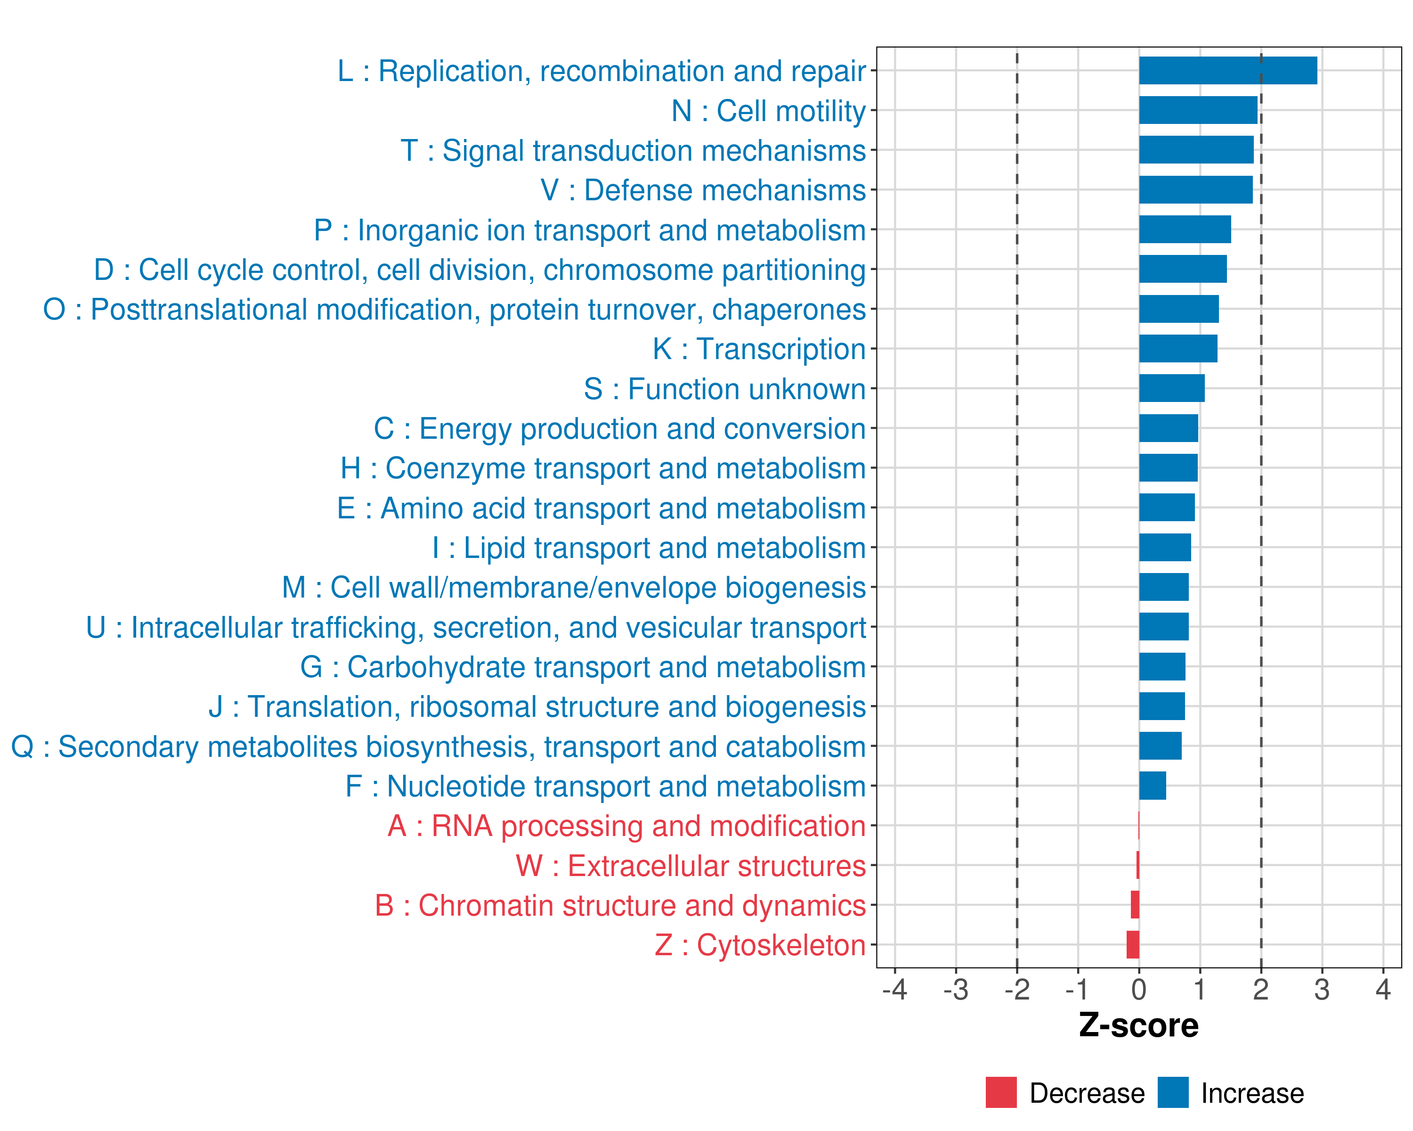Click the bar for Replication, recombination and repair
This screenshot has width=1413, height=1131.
1227,71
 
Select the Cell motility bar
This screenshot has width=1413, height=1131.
1198,110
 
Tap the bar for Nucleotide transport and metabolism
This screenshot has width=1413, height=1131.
1152,786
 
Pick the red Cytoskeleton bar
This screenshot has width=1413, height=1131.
1132,945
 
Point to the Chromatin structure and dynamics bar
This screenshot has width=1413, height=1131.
1135,905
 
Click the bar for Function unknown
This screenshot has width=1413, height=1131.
1171,388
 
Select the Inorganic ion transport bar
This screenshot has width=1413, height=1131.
1184,229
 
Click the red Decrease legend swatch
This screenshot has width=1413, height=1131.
1001,1092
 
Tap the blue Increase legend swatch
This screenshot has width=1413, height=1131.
1172,1092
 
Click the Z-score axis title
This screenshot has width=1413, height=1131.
1138,1025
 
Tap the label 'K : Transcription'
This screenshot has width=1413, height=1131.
759,349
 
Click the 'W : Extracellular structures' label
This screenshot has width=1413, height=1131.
691,866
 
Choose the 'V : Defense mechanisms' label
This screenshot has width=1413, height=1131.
703,190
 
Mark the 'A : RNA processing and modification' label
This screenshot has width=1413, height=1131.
626,826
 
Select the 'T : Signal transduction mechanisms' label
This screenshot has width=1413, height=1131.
633,151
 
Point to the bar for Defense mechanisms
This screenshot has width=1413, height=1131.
1195,190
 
